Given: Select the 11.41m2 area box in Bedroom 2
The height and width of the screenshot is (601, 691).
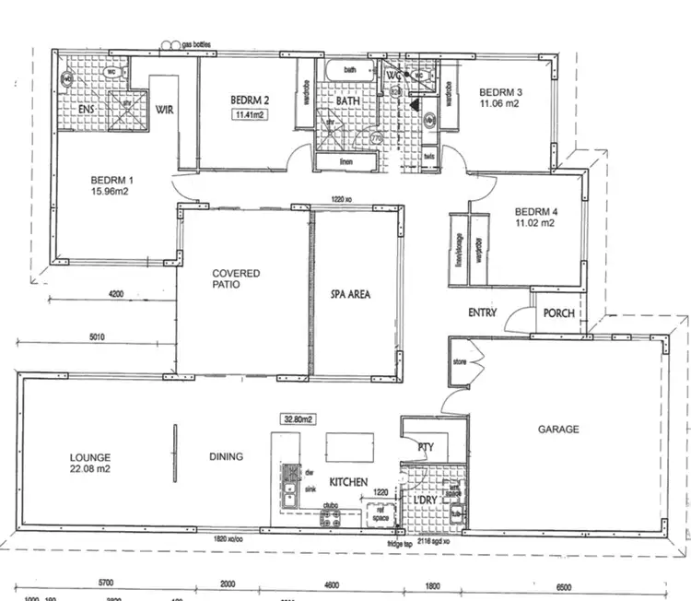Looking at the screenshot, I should [x=249, y=115].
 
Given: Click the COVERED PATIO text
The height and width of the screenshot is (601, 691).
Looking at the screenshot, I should [x=236, y=280].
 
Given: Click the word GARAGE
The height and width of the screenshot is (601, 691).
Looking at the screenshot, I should [x=558, y=429].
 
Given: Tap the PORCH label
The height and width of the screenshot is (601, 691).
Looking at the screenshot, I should [x=558, y=313].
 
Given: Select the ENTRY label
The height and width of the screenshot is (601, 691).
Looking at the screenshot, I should [x=482, y=313].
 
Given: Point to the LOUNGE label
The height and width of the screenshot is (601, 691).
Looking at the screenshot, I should [x=90, y=457].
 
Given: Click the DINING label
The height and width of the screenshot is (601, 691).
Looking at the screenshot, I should [x=226, y=456].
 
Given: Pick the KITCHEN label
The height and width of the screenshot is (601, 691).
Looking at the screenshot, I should [x=348, y=482].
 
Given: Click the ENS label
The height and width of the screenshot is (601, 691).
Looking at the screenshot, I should [x=86, y=110].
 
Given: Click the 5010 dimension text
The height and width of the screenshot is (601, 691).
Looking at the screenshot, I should [x=96, y=337].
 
